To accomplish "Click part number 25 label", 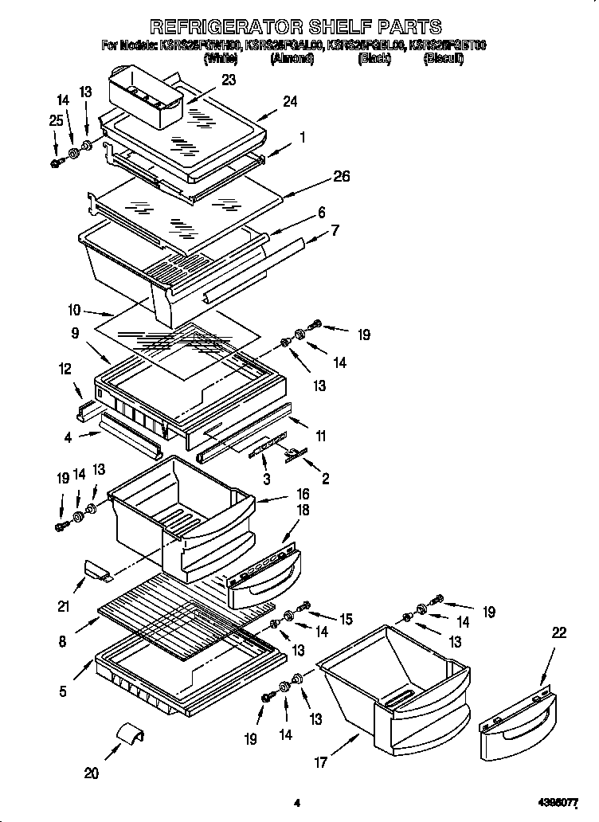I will coord(54,120).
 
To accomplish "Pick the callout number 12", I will coord(65,369).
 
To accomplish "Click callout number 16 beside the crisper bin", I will coord(303,495).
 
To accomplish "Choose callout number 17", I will coord(320,762).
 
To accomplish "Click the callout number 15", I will coord(346,618).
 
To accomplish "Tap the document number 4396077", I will coord(562,804).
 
